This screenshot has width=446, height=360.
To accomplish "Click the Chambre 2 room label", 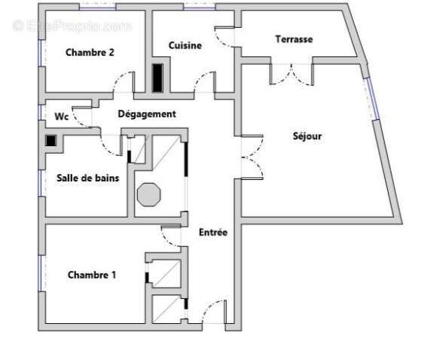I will (90, 53).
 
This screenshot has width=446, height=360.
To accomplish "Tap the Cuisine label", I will (185, 45).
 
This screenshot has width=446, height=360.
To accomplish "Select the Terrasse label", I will (294, 39).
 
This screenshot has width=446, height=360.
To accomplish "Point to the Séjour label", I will (307, 136).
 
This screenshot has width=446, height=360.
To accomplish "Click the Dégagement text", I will (147, 114).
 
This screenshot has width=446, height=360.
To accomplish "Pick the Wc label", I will (63, 117).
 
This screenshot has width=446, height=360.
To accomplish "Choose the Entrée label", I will (213, 233).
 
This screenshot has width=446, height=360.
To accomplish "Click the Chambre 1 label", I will (91, 275).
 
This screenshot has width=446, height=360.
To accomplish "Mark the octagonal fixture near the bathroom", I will (148, 193).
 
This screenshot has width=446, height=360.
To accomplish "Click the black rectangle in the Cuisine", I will (157, 78).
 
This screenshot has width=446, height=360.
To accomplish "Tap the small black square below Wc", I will (50, 140).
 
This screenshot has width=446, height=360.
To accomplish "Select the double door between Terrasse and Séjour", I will (291, 73).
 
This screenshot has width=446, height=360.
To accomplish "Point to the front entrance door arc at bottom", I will (214, 311).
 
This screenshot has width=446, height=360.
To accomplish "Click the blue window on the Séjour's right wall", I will (371, 97).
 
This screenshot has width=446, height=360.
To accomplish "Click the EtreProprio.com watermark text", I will (72, 26).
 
